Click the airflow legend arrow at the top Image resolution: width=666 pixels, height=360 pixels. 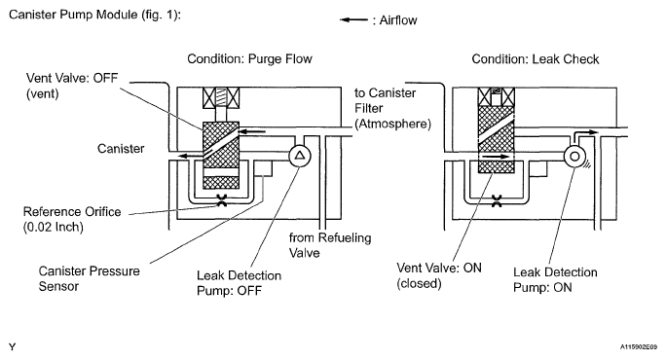click(353, 19)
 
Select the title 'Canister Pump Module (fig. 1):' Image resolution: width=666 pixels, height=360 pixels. click(94, 15)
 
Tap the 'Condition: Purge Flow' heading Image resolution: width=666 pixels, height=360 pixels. click(249, 58)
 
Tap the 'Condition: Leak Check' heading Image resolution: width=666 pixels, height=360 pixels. click(536, 59)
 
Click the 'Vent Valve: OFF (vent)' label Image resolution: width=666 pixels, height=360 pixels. click(72, 86)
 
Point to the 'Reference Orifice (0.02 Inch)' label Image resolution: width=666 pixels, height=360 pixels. click(72, 219)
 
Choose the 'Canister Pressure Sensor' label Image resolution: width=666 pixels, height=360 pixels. click(89, 278)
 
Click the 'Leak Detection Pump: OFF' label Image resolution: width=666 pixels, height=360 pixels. click(239, 283)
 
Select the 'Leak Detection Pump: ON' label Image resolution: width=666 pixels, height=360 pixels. click(555, 279)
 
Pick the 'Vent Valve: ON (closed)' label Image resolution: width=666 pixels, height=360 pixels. click(439, 275)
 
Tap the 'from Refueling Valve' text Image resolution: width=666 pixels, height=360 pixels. click(330, 245)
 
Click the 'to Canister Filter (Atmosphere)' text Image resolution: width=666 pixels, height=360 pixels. click(392, 108)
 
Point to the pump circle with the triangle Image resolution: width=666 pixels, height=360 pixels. click(300, 156)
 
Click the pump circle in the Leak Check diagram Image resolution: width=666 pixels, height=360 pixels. click(574, 157)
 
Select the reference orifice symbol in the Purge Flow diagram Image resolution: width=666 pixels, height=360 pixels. click(221, 200)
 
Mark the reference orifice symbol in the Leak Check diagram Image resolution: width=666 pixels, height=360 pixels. click(497, 200)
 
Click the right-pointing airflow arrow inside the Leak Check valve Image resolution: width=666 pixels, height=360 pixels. click(497, 157)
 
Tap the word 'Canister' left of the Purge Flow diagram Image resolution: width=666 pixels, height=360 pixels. click(121, 149)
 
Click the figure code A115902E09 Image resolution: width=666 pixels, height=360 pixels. click(639, 346)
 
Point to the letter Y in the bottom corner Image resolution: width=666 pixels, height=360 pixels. click(12, 347)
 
